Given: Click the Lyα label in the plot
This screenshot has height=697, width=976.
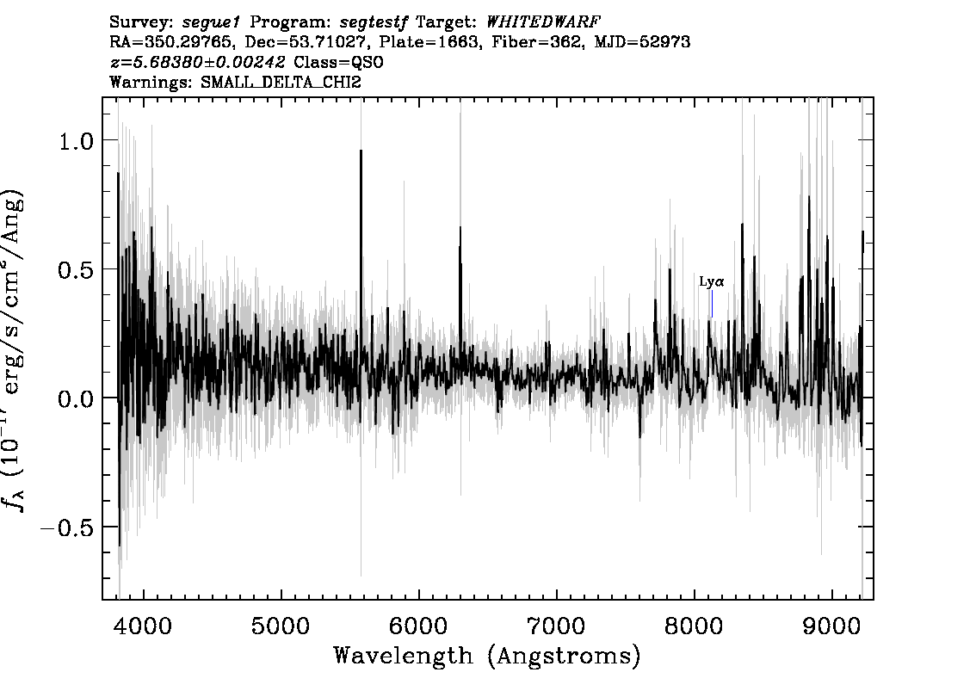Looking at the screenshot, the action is pos(712,282).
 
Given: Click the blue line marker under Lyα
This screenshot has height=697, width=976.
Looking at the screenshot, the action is pos(712,305).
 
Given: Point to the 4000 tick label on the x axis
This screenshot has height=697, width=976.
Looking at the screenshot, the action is pos(144,626).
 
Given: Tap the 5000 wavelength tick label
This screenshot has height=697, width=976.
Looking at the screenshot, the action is pos(281,626).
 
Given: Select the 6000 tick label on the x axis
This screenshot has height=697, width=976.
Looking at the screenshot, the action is pos(418,626).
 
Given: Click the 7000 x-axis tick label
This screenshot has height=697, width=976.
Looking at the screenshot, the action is pos(556,626).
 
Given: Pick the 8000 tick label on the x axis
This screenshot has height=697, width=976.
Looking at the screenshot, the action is pos(694,626).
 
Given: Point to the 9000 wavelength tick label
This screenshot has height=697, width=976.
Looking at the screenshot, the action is pos(831,626).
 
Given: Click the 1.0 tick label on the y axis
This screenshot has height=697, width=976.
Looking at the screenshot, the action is pos(76,141).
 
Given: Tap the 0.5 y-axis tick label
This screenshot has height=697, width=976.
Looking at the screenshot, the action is pos(76,270).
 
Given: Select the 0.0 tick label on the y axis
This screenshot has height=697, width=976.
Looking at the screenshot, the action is pos(76,399).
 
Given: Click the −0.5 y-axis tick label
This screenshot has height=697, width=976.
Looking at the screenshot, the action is pos(66,527).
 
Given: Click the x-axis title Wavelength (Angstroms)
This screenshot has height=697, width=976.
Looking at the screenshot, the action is pos(487,656).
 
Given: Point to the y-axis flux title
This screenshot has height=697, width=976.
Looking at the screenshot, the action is pos(15,349).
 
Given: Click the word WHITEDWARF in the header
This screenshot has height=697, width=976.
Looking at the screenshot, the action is pos(543,22).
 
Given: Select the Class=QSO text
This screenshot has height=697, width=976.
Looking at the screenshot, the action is pos(338,62).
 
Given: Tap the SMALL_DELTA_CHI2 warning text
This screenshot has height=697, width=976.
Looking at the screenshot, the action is pos(281,82).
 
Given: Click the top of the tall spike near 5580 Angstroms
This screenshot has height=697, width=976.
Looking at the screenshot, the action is pos(361,151).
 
